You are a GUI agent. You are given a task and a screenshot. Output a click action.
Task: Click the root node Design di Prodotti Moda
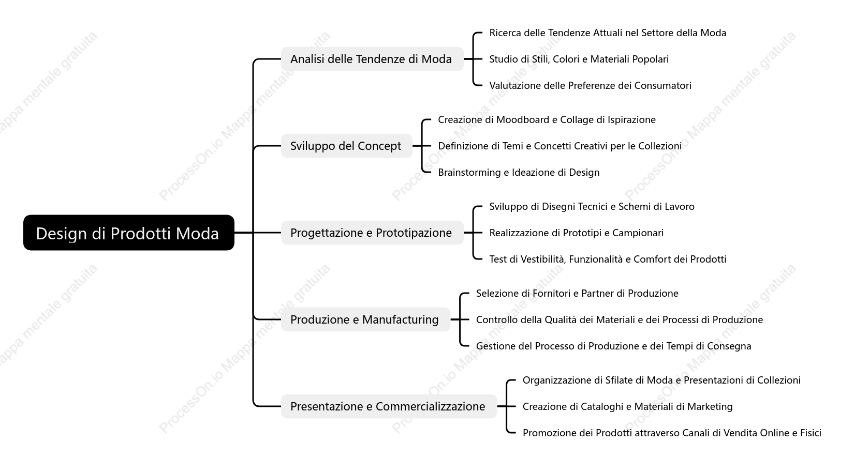coord(129,233)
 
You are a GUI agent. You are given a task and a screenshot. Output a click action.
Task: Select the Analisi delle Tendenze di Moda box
coord(372,59)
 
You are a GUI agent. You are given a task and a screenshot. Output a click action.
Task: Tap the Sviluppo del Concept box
coord(347,146)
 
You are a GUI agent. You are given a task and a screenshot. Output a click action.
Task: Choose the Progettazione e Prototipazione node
coord(372,233)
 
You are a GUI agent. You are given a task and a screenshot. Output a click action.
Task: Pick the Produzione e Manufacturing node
coord(365,319)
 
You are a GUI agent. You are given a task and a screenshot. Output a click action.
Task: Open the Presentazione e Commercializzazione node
coord(389,406)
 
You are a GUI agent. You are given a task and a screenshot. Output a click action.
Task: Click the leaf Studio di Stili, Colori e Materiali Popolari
coord(579,59)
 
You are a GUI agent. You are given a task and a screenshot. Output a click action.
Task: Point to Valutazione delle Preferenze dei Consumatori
coord(590,85)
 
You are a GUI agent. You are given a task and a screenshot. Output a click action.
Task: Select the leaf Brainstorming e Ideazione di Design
coord(519,172)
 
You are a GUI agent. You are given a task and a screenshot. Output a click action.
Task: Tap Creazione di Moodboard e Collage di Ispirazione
coord(547,119)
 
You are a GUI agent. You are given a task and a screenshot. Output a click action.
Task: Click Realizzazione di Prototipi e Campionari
coord(576,233)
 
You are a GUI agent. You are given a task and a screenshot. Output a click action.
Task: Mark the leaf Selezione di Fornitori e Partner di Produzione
coord(577,293)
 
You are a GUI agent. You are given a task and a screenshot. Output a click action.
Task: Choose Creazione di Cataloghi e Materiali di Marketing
coord(627,406)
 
